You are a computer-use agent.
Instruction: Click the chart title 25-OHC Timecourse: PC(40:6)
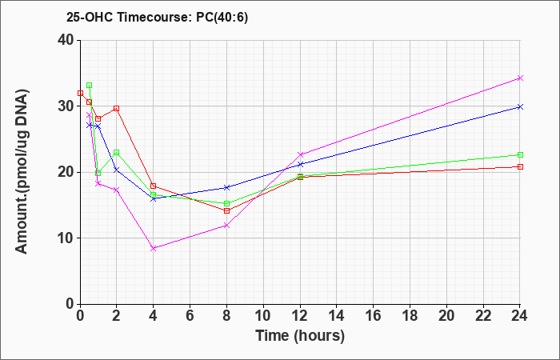coord(157,18)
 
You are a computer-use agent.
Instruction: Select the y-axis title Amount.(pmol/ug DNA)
coord(22,172)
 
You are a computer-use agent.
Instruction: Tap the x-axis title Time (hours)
coord(300,336)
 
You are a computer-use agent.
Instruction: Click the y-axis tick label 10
coord(66,238)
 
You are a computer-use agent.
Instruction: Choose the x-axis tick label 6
coord(190,316)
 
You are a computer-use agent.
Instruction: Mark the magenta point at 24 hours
coord(520,78)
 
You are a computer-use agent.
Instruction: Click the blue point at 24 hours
coord(520,106)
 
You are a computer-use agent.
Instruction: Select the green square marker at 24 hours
coord(520,154)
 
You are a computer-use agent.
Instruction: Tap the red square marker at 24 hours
coord(520,166)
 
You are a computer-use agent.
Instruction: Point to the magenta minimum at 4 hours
coord(154,248)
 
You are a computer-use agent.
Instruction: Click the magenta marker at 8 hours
coord(226,226)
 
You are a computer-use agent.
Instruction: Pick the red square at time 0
coord(80,94)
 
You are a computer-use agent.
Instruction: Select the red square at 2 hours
coord(117,108)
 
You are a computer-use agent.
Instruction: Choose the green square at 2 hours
coord(117,153)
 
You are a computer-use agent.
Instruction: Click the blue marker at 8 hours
coord(226,187)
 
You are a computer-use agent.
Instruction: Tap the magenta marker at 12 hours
coord(300,154)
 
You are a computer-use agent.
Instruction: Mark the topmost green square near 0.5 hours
coord(90,86)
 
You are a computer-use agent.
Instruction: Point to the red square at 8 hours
coord(226,210)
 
